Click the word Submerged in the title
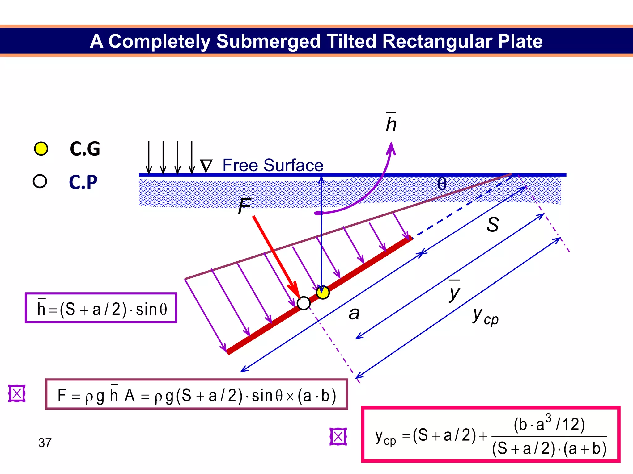pyautogui.click(x=268, y=41)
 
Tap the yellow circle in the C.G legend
pyautogui.click(x=41, y=149)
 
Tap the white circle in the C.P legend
pyautogui.click(x=40, y=181)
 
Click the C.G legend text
pyautogui.click(x=85, y=149)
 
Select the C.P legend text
pyautogui.click(x=83, y=182)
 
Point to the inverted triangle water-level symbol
pyautogui.click(x=206, y=166)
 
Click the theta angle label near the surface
pyautogui.click(x=442, y=184)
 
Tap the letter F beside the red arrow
pyautogui.click(x=244, y=206)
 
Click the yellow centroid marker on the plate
pyautogui.click(x=323, y=292)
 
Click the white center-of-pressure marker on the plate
pyautogui.click(x=304, y=303)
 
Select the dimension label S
pyautogui.click(x=493, y=224)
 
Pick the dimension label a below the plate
pyautogui.click(x=354, y=314)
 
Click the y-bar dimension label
pyautogui.click(x=454, y=292)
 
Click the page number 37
pyautogui.click(x=45, y=443)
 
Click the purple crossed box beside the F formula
pyautogui.click(x=17, y=393)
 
